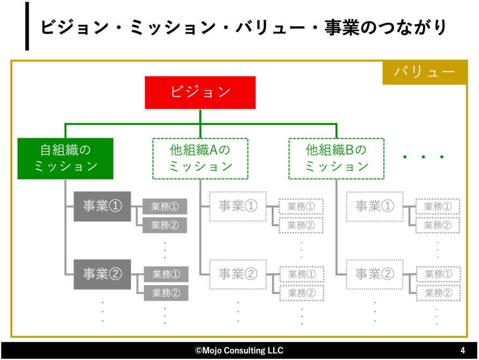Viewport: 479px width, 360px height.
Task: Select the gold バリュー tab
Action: click(424, 72)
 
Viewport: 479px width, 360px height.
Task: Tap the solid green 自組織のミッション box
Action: click(65, 158)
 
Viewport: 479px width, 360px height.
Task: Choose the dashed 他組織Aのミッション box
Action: click(201, 158)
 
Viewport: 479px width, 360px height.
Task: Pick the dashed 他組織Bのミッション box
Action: click(336, 158)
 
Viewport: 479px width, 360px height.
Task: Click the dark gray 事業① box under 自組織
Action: click(102, 206)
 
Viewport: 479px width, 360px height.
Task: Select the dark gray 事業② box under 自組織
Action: click(102, 274)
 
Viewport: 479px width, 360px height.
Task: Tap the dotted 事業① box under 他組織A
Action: click(238, 206)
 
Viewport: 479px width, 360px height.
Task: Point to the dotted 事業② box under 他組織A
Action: click(238, 274)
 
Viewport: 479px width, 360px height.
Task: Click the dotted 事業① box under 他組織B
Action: click(375, 206)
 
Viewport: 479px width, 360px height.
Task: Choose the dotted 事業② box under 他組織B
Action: click(375, 274)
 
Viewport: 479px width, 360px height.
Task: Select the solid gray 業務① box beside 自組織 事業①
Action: click(165, 207)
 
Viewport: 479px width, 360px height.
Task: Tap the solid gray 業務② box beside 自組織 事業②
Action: click(166, 293)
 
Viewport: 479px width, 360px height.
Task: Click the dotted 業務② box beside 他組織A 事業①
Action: click(301, 225)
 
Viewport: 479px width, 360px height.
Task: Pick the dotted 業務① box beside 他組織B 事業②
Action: click(438, 274)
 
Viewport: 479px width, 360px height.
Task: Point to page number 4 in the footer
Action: click(463, 351)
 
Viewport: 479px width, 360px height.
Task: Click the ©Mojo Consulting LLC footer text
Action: click(239, 351)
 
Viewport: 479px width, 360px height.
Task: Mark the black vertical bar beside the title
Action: click(27, 26)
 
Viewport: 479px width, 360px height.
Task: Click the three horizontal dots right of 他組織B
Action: click(423, 157)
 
